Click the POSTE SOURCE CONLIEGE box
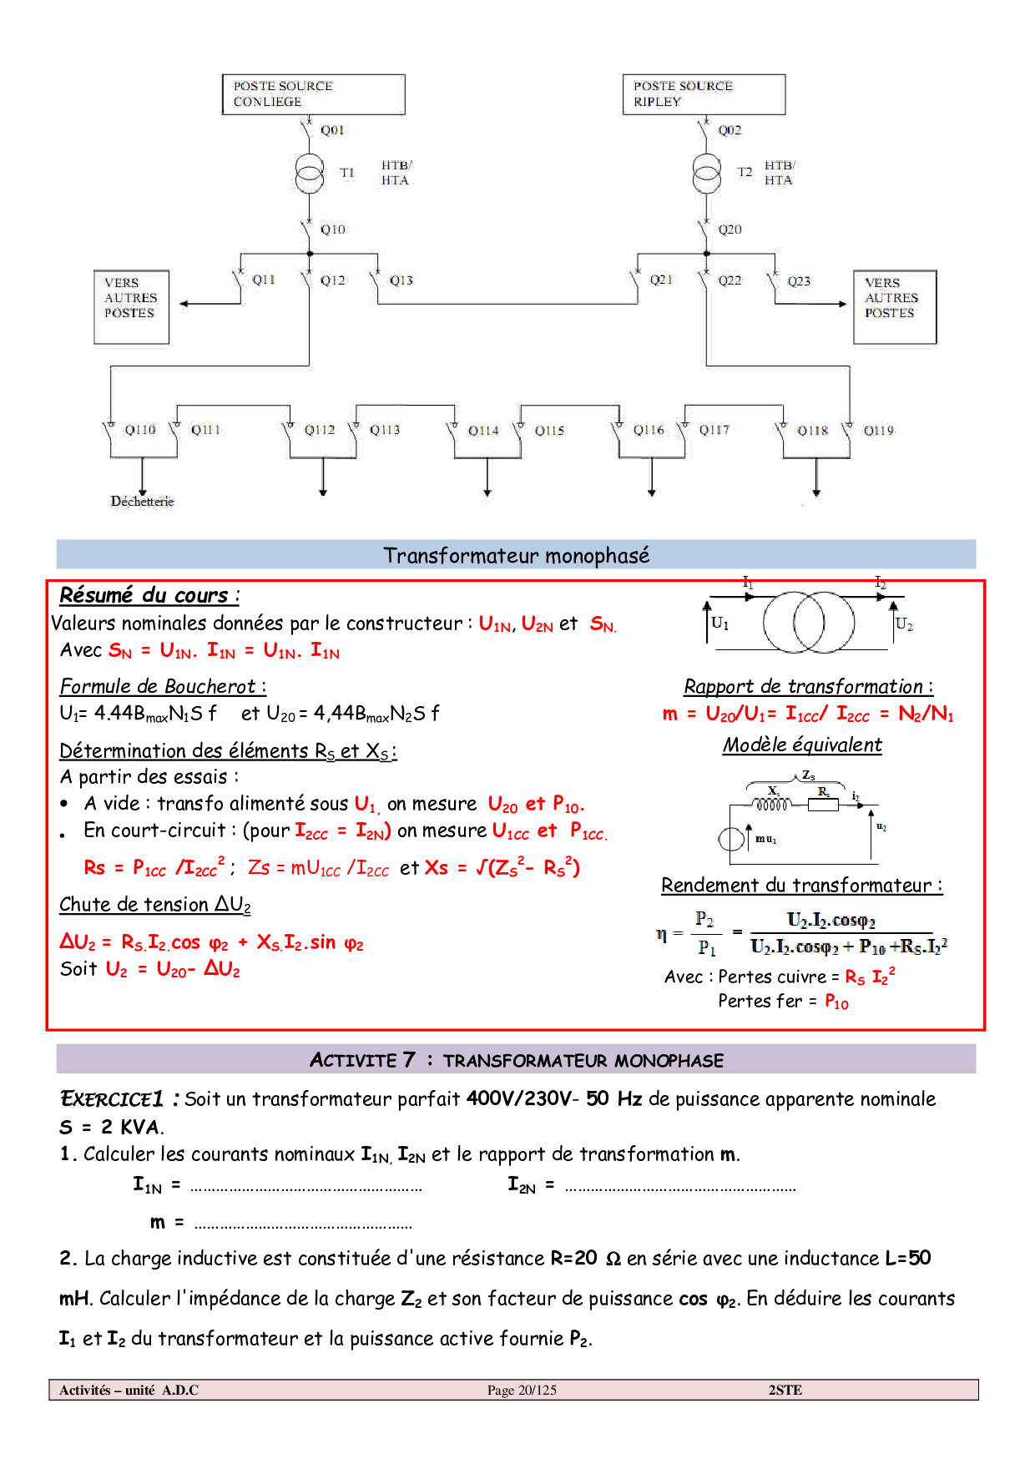point(313,94)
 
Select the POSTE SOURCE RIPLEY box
point(703,94)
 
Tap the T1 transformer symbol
point(310,174)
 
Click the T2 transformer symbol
point(707,174)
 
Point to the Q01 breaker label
point(332,130)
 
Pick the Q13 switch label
point(401,280)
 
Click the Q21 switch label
point(661,280)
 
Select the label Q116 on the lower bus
point(649,430)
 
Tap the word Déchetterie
point(143,501)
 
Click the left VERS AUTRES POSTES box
point(131,306)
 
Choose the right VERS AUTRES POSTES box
point(894,306)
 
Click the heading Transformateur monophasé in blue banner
point(516,555)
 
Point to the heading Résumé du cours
point(149,595)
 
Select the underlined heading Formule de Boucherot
point(162,686)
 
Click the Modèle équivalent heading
point(802,745)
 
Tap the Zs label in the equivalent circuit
point(808,775)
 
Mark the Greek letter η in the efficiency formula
point(661,934)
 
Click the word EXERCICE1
point(111,1098)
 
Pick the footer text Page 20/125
point(522,1390)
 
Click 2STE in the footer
point(785,1390)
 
